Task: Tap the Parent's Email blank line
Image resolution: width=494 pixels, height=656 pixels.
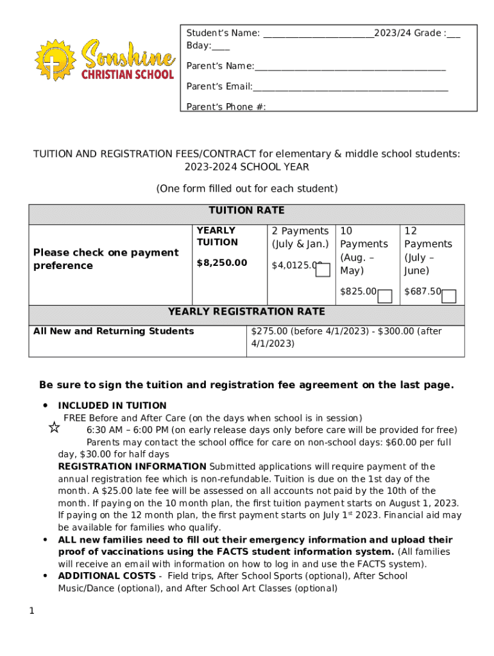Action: (350, 87)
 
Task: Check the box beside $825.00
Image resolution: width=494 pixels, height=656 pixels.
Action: (385, 296)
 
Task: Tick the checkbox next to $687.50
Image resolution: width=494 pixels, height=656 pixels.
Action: (449, 296)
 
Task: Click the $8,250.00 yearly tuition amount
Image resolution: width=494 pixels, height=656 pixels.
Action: (221, 263)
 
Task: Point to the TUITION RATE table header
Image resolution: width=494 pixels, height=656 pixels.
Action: (246, 211)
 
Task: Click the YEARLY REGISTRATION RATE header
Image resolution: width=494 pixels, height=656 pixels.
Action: (246, 312)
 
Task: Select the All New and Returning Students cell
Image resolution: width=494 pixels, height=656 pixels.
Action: (114, 331)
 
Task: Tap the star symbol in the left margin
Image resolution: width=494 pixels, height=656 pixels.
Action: (55, 428)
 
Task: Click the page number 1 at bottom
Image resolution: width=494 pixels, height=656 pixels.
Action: (31, 611)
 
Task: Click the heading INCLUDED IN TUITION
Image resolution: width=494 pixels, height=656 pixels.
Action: (112, 406)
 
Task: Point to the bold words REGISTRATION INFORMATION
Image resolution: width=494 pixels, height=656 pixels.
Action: (132, 466)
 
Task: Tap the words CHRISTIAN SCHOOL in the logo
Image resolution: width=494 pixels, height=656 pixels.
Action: (127, 74)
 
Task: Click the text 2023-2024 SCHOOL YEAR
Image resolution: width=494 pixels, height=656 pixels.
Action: (246, 167)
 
